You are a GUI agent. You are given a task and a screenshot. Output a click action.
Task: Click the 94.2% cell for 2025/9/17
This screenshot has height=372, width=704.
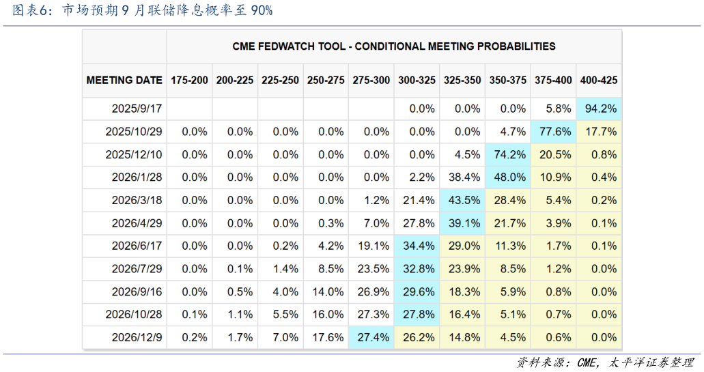point(599,109)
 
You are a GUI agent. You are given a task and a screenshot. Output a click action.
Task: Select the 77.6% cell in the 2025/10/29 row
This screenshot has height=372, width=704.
point(554,132)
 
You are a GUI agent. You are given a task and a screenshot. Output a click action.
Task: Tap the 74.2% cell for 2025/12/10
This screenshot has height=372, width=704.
point(508,154)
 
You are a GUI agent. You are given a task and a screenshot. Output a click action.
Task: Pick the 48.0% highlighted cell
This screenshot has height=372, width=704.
point(508,177)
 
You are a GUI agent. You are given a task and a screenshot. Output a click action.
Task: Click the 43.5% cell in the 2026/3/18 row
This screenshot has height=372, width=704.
point(462,200)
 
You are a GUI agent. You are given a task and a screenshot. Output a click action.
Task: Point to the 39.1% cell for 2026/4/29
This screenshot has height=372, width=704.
point(462,223)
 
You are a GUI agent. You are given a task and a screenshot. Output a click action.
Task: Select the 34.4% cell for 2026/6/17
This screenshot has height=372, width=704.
point(417,246)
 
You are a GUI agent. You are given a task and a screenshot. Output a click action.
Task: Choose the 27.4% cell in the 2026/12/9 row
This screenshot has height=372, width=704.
point(371,337)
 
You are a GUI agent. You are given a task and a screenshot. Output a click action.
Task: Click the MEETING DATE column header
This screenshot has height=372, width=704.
point(124,80)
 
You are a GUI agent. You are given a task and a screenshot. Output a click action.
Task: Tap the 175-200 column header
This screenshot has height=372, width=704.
point(189,80)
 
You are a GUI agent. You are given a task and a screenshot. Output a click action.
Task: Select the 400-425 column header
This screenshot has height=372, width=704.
point(599,80)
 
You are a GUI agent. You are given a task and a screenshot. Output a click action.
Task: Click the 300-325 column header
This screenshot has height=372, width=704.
point(417,80)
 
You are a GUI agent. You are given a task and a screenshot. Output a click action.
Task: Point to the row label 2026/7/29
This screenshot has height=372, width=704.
point(137,269)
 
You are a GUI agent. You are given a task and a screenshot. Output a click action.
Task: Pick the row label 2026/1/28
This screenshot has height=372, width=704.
point(137,177)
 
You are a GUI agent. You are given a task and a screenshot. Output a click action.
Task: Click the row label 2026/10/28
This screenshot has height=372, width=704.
point(134,315)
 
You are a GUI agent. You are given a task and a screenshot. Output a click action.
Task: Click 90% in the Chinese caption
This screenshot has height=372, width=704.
point(262,10)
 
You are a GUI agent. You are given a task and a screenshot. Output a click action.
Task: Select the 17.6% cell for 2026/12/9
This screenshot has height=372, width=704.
point(326,337)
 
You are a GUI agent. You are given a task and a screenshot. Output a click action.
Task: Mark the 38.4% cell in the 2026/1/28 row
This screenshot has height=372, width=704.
point(462,177)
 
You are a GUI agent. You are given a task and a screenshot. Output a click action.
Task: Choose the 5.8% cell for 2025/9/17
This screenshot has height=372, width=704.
point(554,109)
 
